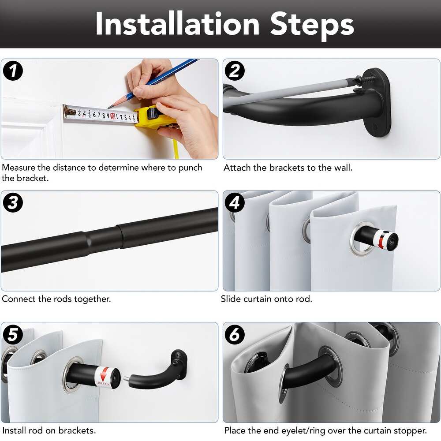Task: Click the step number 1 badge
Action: coord(13,71)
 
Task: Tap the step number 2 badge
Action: coord(235,71)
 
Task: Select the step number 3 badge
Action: coord(13,202)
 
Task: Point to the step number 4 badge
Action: coord(235,202)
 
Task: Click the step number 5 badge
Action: coord(13,334)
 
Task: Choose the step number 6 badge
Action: coord(235,334)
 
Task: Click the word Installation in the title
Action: coord(177,24)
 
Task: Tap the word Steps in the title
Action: coord(312,26)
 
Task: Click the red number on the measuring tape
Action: coord(113,116)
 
